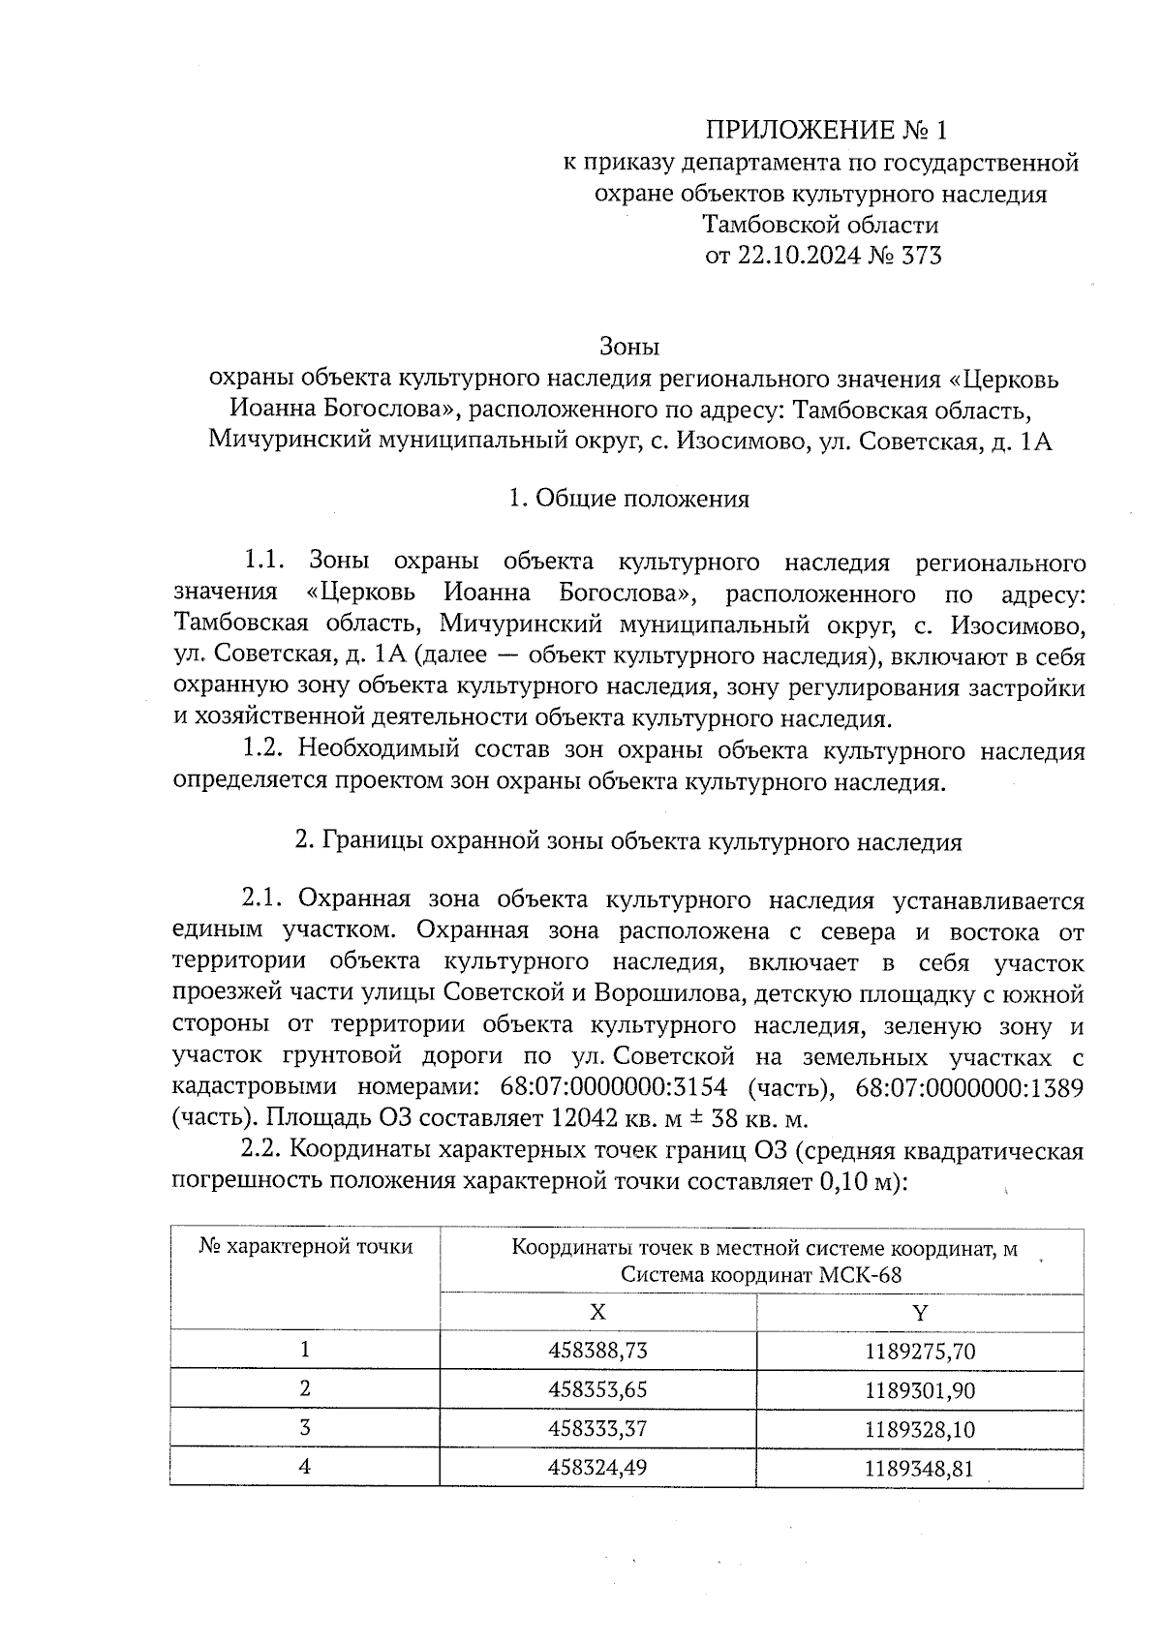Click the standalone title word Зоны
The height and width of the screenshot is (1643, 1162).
tap(629, 346)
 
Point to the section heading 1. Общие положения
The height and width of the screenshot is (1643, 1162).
tap(628, 499)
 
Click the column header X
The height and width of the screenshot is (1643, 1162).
tap(597, 1312)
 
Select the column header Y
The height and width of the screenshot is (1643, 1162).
tap(919, 1312)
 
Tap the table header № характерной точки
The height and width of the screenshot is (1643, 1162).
tap(306, 1246)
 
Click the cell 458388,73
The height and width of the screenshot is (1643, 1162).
tap(597, 1350)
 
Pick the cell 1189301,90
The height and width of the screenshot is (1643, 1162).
tap(919, 1390)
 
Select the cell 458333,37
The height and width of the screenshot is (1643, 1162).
tap(597, 1428)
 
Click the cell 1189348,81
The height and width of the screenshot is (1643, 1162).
tap(919, 1468)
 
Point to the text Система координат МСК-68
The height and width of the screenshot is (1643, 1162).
tap(761, 1274)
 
